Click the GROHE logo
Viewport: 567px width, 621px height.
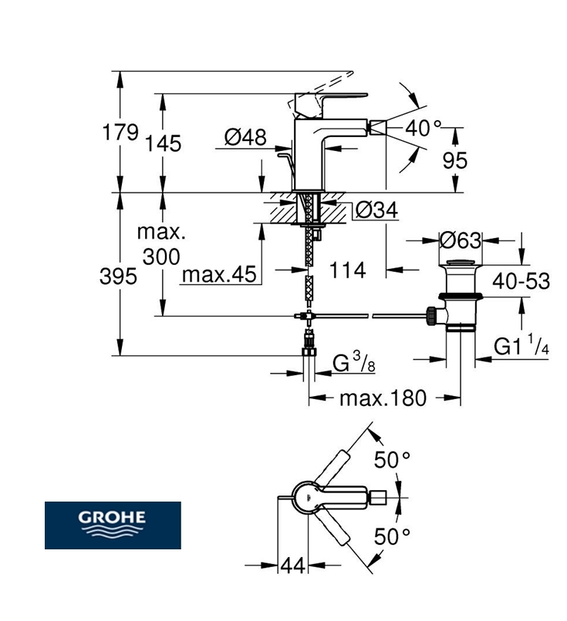pos(113,525)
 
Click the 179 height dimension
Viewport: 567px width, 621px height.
pos(120,133)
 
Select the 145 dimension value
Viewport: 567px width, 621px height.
pos(163,143)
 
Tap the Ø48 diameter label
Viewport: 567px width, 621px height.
pos(245,138)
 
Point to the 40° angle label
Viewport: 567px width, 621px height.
pos(424,129)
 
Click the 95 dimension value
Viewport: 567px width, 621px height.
pos(456,159)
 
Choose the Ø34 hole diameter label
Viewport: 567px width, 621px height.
pos(376,209)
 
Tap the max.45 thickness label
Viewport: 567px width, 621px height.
pos(218,274)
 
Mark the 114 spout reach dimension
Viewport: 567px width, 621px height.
pos(346,270)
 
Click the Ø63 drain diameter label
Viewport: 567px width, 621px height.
pos(460,240)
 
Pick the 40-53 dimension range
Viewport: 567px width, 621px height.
pos(521,281)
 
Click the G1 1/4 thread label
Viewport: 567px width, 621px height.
pos(521,347)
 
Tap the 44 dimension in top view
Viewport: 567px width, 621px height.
pos(292,566)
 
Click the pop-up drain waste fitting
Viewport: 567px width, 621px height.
pos(460,297)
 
